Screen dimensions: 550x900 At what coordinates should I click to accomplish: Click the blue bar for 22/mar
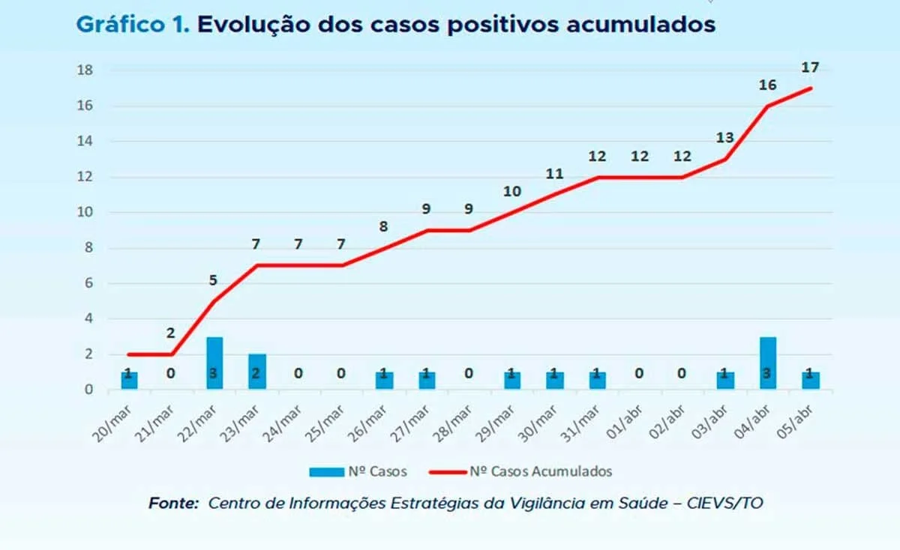pos(214,363)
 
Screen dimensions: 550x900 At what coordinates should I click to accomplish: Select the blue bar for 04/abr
pos(767,363)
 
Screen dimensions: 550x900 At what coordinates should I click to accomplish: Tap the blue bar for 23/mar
pos(256,372)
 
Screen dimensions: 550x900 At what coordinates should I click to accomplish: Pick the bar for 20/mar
pos(129,381)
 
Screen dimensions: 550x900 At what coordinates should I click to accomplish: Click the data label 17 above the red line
pos(810,67)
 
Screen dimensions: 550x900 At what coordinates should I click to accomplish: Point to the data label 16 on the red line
pos(767,85)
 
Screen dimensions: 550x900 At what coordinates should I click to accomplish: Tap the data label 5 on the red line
pos(213,281)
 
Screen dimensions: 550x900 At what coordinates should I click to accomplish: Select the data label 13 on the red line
pos(724,138)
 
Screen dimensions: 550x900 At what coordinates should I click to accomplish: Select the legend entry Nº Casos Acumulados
pos(540,471)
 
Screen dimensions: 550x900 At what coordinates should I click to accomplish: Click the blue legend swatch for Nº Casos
pos(325,472)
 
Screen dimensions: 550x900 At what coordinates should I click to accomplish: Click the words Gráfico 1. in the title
pos(132,25)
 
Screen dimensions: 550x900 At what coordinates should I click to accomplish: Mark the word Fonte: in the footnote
pos(173,504)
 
